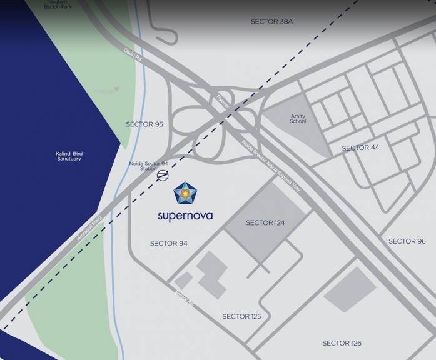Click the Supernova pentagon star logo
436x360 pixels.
[185, 194]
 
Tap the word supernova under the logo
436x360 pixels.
[185, 216]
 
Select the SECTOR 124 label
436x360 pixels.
[268, 223]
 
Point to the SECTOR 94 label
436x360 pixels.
[168, 243]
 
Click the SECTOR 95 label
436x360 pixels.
[144, 124]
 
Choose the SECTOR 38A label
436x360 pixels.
[271, 21]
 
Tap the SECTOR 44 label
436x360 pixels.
[360, 148]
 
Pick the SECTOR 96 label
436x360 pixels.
[407, 241]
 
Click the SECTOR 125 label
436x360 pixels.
[241, 317]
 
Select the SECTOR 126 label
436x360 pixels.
[342, 343]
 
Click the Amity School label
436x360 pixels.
[298, 119]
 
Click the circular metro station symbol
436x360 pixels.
[163, 176]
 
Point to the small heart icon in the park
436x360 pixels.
[116, 89]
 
